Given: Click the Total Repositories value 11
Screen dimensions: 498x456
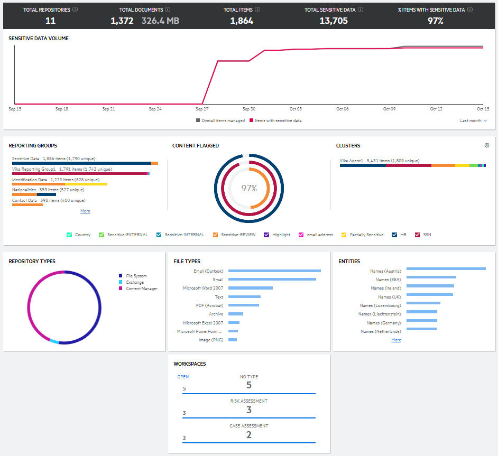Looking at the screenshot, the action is [x=51, y=21].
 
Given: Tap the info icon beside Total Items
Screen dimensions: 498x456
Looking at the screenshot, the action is [x=257, y=10].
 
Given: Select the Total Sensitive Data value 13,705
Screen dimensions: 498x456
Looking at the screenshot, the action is [x=334, y=21].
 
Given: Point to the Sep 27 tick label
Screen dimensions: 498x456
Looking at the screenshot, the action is [x=202, y=109].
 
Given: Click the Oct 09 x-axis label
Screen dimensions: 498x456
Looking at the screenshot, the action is [x=390, y=109].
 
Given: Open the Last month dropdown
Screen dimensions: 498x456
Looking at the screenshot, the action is [x=473, y=120].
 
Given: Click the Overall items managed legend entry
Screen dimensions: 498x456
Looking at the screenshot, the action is [x=220, y=120].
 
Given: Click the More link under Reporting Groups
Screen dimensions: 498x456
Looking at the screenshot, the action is [x=85, y=211].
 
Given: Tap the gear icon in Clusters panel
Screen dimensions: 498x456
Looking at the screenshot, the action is [x=487, y=145].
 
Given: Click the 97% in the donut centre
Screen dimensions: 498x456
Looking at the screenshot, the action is [x=249, y=188].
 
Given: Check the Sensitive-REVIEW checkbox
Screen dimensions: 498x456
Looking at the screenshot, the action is [x=215, y=235].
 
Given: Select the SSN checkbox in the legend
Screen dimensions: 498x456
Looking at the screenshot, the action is [x=417, y=235].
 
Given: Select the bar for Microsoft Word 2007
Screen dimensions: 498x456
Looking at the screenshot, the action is [x=251, y=288].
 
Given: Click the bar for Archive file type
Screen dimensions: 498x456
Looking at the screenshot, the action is [x=236, y=314].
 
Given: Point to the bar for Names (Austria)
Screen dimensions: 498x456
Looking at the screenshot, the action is [x=446, y=269].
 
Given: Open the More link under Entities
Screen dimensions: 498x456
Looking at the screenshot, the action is [x=396, y=340].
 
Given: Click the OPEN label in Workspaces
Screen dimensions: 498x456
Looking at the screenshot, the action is [x=183, y=377].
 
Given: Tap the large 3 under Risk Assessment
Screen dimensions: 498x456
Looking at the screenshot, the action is [x=249, y=410].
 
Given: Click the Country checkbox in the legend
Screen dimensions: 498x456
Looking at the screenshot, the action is [x=69, y=235].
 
